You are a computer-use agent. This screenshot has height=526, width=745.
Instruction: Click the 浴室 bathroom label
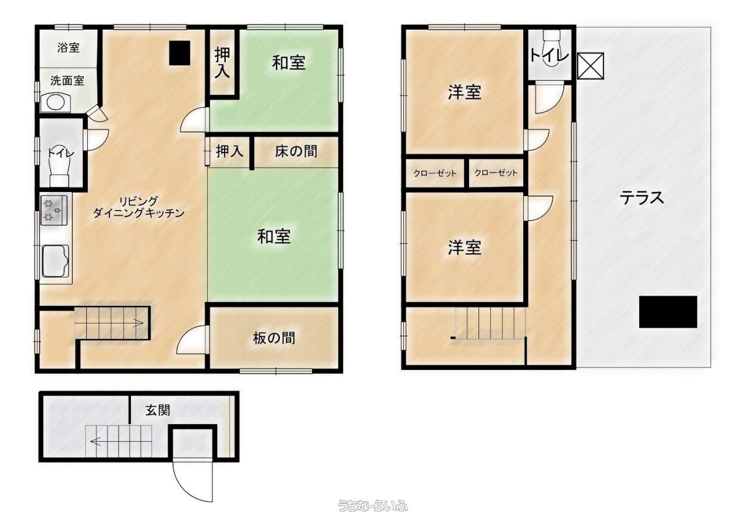[68, 48]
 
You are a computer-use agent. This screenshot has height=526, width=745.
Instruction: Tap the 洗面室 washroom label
[67, 80]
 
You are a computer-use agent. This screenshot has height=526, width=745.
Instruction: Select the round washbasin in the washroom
[55, 102]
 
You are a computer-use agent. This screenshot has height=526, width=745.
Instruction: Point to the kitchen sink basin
[55, 261]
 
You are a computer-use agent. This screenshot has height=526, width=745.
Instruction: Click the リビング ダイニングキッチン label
[139, 207]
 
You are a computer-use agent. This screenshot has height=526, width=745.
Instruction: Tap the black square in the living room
[180, 53]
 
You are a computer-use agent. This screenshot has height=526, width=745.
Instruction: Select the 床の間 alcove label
[296, 152]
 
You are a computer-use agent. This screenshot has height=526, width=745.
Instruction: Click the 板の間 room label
[274, 338]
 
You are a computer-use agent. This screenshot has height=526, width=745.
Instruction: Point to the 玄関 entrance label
[158, 410]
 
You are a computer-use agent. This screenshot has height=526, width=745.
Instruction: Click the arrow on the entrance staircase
[96, 442]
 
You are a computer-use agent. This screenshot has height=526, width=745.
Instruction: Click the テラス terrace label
[642, 198]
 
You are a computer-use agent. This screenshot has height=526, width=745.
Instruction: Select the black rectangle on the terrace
[668, 312]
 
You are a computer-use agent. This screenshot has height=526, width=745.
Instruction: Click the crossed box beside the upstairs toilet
[590, 66]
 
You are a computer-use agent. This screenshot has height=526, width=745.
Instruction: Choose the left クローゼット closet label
[435, 173]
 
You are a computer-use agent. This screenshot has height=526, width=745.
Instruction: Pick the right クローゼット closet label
[495, 173]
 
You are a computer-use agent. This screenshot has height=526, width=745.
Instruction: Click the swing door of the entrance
[192, 484]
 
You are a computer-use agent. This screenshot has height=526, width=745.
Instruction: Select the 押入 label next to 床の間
[229, 152]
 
